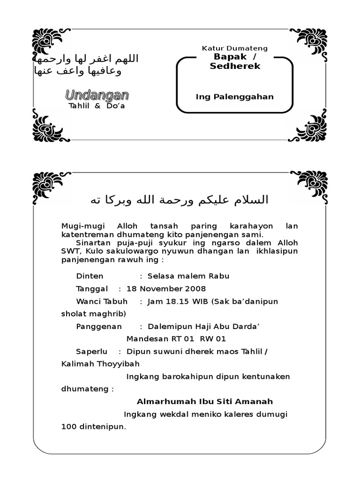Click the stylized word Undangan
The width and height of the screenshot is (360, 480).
tap(97, 95)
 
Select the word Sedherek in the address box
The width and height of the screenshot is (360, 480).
tap(235, 66)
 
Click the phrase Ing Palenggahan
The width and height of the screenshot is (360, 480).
tap(234, 97)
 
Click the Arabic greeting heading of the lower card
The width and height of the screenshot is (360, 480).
tap(180, 200)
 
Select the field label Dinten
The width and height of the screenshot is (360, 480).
tap(90, 276)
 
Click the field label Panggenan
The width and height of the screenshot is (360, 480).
tap(98, 326)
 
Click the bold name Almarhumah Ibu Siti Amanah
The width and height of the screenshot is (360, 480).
tap(204, 402)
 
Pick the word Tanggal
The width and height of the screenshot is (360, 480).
tap(92, 289)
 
